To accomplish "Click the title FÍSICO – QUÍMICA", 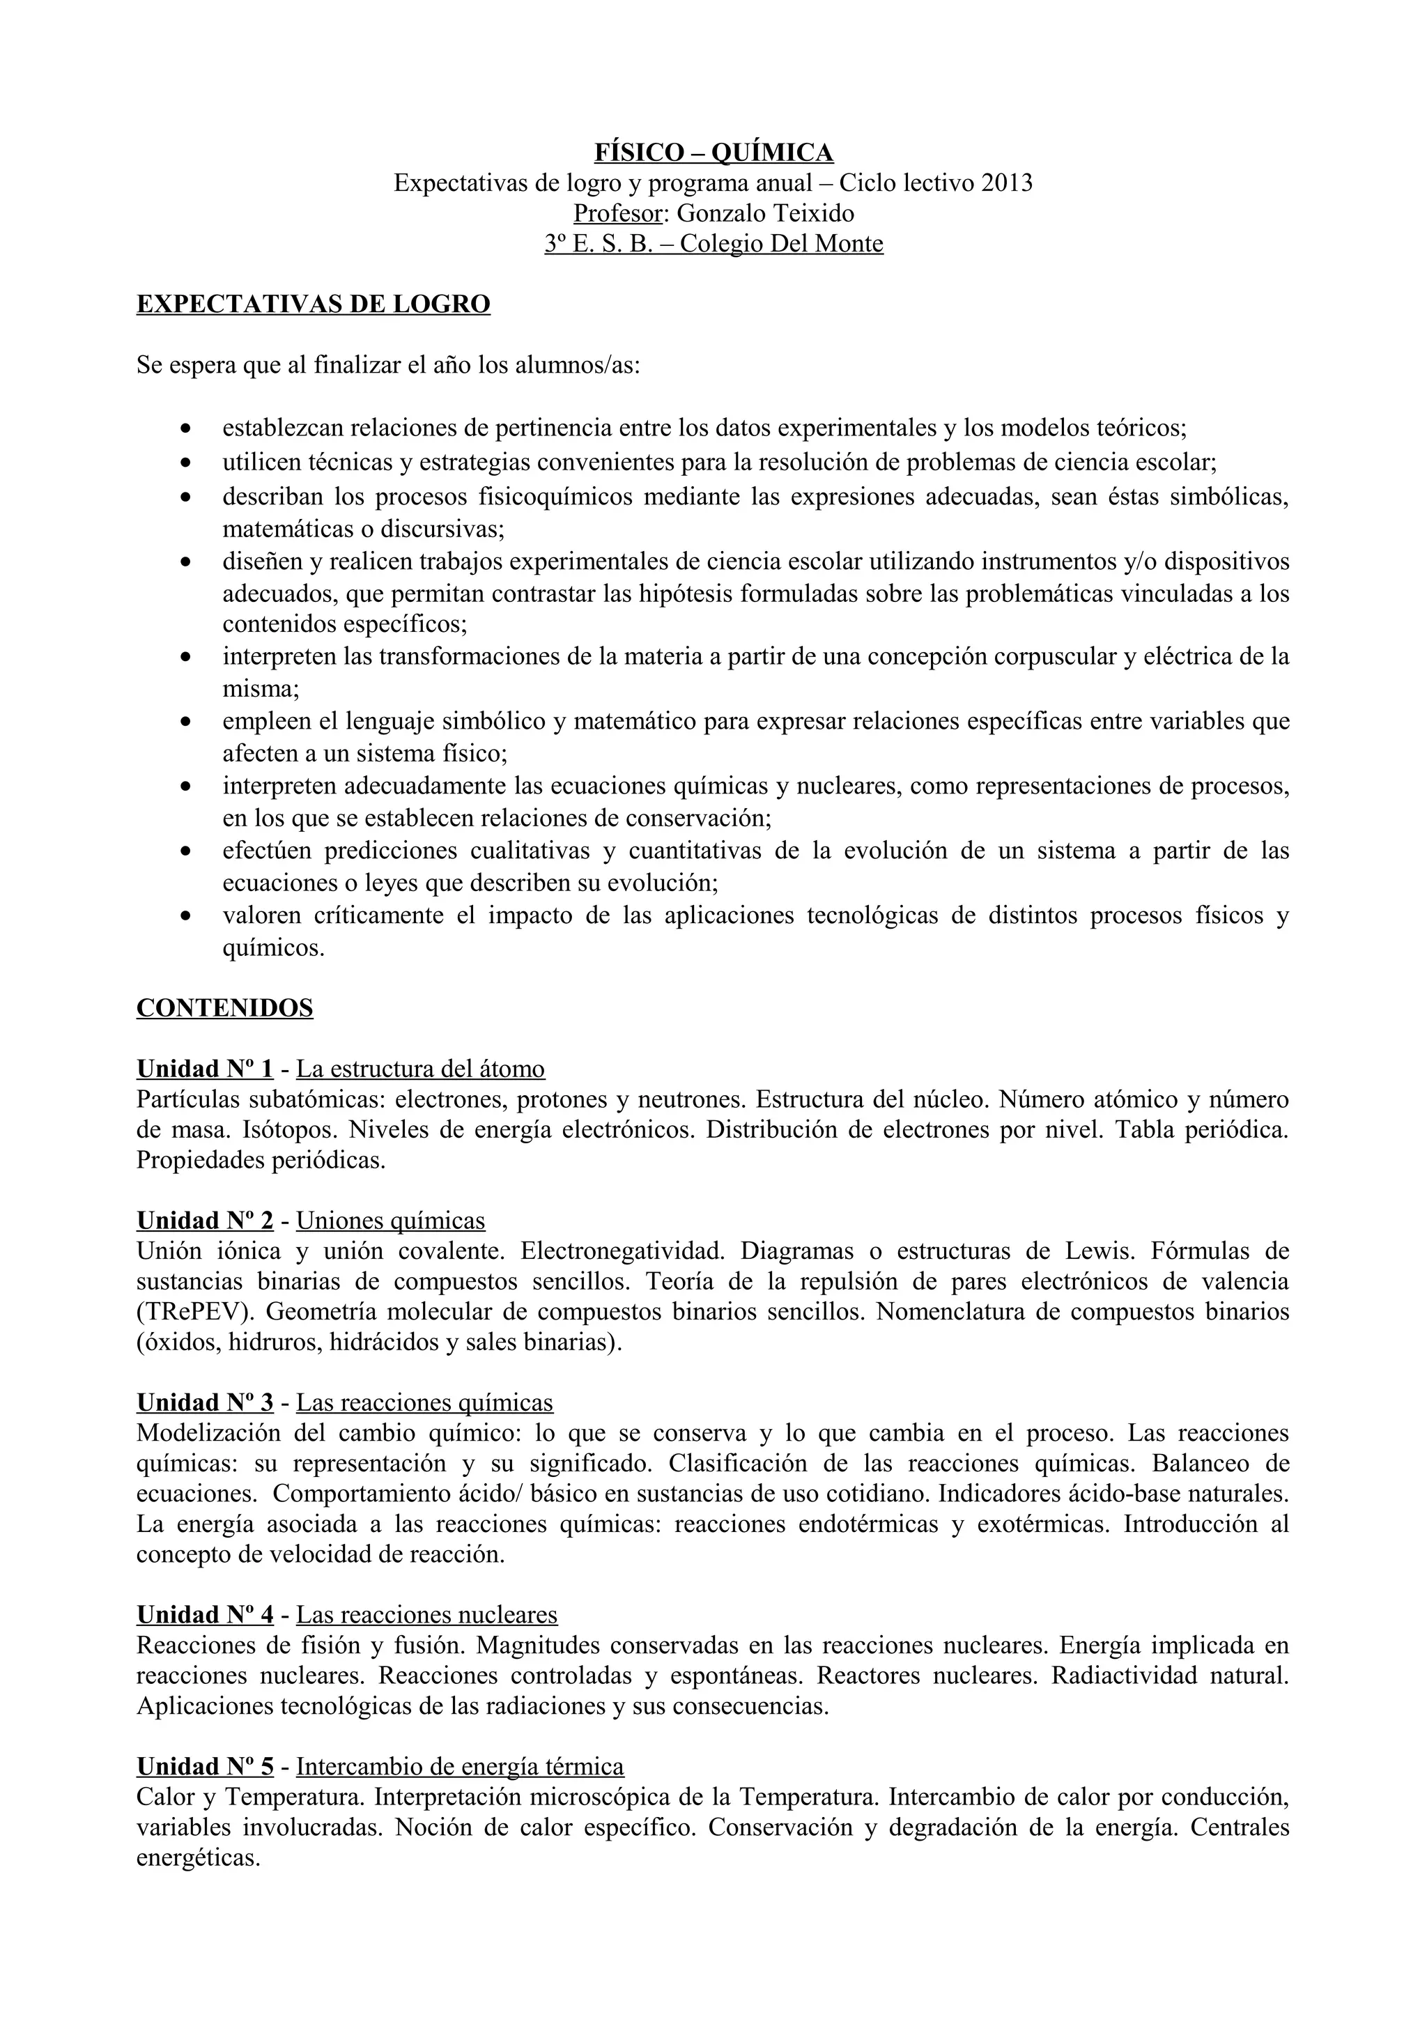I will [713, 153].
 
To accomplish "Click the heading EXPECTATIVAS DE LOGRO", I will [313, 304].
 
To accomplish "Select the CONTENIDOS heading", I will [224, 1007].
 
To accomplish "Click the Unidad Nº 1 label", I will [205, 1069].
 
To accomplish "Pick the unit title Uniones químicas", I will [390, 1221].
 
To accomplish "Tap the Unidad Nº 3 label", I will [205, 1402].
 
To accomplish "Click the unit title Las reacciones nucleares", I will [426, 1614].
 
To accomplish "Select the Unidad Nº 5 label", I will [205, 1767].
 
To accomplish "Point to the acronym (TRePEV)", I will [194, 1312].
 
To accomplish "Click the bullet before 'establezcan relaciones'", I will [185, 430].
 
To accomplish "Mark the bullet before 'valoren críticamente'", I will [185, 917].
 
